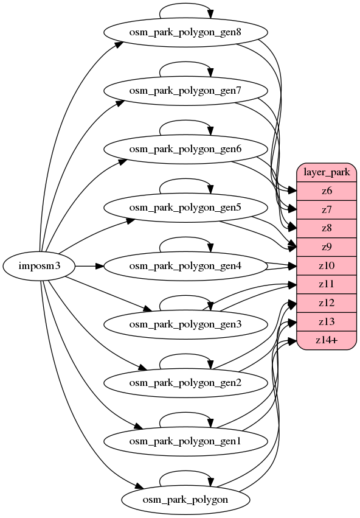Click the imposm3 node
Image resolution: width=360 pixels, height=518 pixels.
pos(40,266)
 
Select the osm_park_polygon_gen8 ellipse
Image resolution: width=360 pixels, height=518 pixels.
pos(185,32)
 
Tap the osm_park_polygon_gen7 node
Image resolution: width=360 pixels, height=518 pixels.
pos(185,91)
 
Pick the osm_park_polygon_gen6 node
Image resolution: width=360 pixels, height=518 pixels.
pos(185,149)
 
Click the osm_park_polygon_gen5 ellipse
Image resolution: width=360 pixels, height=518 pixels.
pos(185,208)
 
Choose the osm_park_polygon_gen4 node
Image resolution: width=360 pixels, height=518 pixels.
pos(185,266)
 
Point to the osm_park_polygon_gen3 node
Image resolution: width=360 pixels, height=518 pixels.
pos(185,324)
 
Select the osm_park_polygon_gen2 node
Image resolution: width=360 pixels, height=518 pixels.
pos(185,383)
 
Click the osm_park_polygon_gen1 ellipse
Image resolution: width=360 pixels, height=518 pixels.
pos(185,441)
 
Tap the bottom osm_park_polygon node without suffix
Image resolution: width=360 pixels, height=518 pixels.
pos(185,500)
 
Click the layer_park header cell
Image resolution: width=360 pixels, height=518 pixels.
pos(327,172)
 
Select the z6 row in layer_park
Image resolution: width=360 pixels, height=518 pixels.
pos(327,191)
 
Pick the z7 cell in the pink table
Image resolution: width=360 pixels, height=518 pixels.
pos(327,210)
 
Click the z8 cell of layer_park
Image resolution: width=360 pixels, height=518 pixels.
pos(327,228)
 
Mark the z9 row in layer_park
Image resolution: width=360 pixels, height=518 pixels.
pos(327,247)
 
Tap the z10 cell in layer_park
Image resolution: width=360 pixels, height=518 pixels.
pos(327,266)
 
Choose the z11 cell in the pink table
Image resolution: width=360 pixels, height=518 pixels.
pos(327,284)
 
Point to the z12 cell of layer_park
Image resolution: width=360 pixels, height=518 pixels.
pos(327,303)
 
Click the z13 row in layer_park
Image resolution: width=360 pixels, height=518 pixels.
pos(327,322)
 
